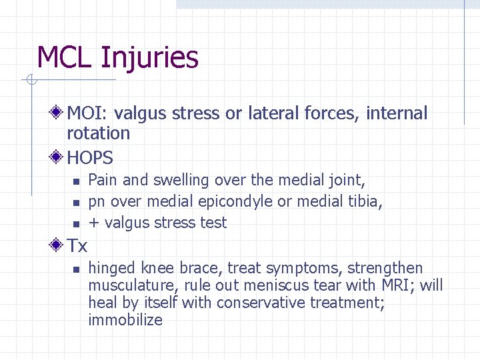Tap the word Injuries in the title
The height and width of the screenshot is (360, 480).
149,59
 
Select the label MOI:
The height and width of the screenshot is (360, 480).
84,114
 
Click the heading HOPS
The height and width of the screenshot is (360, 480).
90,158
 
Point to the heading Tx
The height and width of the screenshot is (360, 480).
77,246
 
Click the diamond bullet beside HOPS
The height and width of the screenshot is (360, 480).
59,157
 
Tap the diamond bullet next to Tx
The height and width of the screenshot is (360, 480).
59,245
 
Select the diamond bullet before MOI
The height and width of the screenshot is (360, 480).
59,113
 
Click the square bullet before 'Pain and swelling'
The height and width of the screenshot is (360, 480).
76,181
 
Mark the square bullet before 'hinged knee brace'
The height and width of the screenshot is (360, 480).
76,269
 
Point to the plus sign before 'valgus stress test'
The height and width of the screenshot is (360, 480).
93,223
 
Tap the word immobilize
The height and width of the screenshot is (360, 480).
125,320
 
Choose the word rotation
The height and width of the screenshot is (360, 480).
98,133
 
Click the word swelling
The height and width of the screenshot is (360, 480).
181,181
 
